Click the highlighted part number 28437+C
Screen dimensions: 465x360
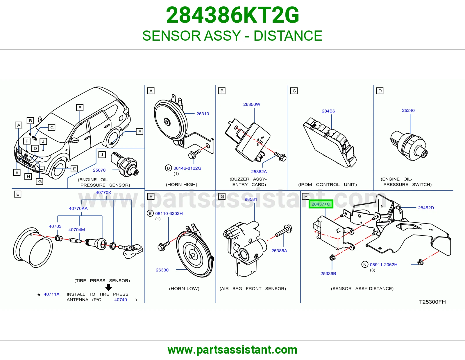[x=321, y=204]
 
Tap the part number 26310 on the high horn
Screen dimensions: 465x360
[x=203, y=114]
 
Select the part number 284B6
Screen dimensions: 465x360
[x=328, y=111]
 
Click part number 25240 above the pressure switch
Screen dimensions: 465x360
[x=408, y=110]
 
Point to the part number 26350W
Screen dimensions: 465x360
[x=252, y=104]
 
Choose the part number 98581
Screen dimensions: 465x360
[x=251, y=199]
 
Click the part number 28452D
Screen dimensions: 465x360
[x=426, y=208]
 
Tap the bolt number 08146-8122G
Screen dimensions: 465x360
[x=187, y=168]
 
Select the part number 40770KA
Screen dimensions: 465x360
[x=78, y=208]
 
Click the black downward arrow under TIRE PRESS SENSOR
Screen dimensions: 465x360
[x=108, y=287]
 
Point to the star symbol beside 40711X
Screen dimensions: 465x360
[x=39, y=295]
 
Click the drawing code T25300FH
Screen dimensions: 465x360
[x=432, y=302]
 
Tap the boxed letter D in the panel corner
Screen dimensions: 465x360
[x=380, y=91]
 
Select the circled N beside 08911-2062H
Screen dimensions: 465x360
[x=365, y=264]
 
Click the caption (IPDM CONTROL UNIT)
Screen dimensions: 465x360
[x=328, y=184]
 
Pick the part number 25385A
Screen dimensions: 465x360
[x=279, y=251]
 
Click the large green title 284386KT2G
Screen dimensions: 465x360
[x=233, y=15]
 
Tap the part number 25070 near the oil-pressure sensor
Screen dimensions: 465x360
[x=99, y=170]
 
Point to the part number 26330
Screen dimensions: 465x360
[x=162, y=270]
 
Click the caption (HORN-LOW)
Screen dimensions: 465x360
[x=184, y=289]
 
